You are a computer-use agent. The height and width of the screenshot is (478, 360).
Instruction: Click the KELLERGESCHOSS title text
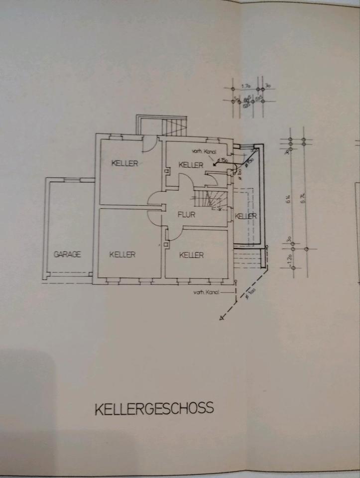click(154, 408)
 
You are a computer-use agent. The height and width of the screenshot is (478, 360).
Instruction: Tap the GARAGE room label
click(67, 254)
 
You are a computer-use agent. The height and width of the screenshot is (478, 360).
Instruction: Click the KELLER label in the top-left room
click(124, 163)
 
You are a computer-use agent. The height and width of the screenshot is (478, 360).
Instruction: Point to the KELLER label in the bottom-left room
click(122, 254)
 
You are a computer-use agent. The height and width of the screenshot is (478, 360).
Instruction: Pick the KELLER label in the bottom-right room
click(191, 255)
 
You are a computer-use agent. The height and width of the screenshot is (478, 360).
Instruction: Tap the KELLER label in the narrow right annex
click(245, 216)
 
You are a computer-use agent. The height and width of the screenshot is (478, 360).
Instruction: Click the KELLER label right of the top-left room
click(191, 165)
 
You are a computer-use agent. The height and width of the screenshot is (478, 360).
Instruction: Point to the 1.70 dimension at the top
click(245, 86)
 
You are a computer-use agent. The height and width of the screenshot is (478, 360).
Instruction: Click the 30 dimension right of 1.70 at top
click(267, 86)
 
